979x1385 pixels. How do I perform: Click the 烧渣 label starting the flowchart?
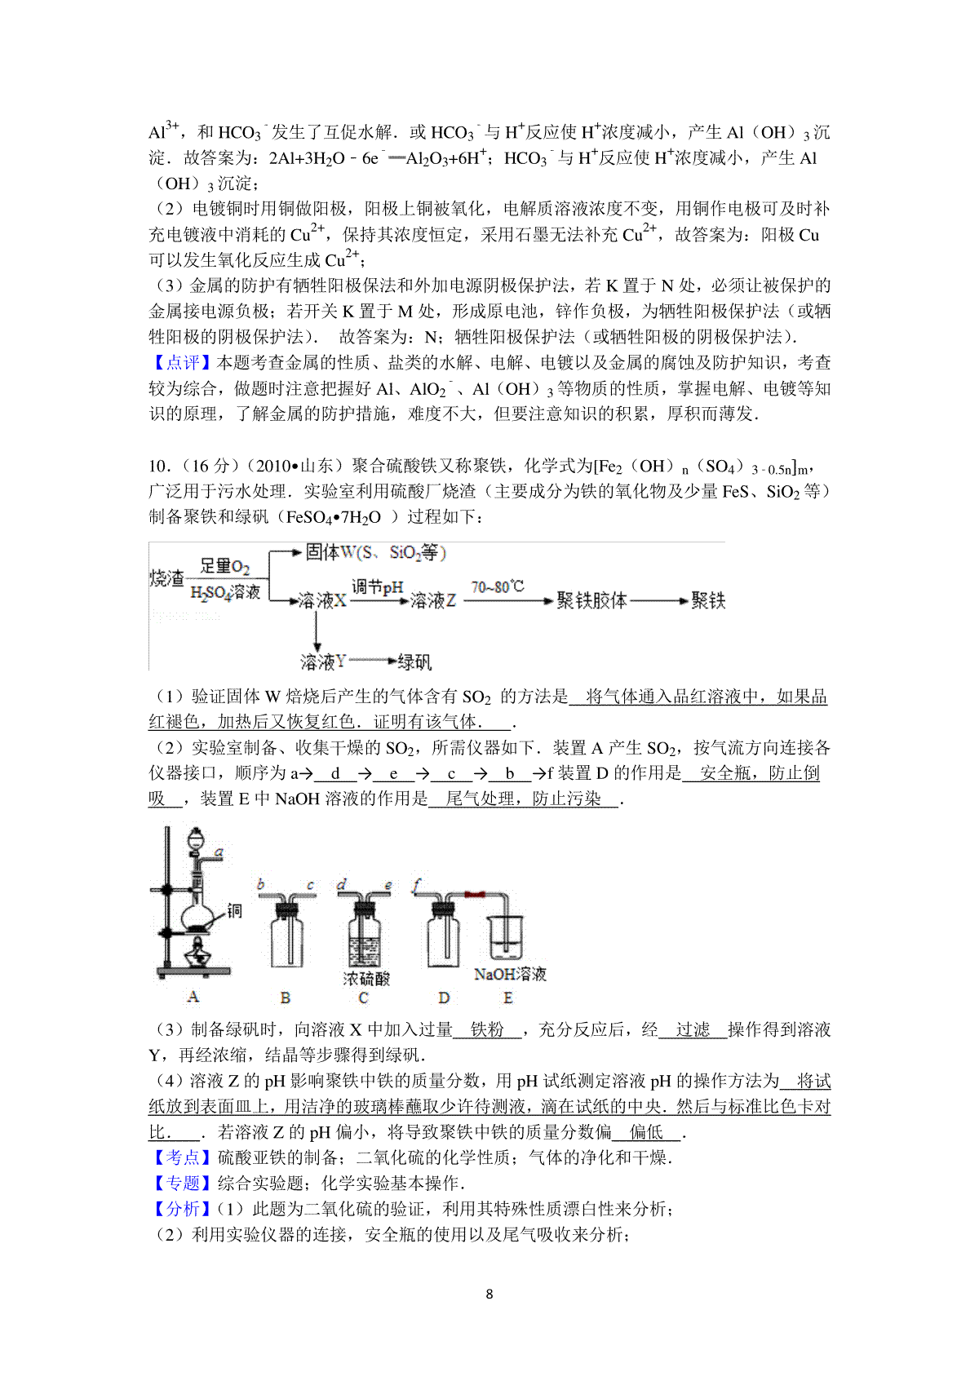(167, 578)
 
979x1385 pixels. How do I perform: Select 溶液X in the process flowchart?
(322, 601)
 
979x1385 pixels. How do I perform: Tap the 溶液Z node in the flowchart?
(432, 601)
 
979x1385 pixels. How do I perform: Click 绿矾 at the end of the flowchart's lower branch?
(414, 662)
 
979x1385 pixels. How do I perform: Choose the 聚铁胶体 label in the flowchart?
(591, 601)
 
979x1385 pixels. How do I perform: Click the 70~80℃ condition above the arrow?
(497, 586)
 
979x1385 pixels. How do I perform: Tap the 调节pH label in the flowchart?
(377, 586)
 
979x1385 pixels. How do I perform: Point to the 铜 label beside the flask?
(234, 910)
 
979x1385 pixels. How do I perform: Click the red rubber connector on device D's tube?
(474, 895)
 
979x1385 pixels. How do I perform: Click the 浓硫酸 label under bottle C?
(365, 979)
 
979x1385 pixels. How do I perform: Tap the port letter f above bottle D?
(417, 883)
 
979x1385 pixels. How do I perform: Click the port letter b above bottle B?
(260, 883)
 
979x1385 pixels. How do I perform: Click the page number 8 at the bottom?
(489, 1294)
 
